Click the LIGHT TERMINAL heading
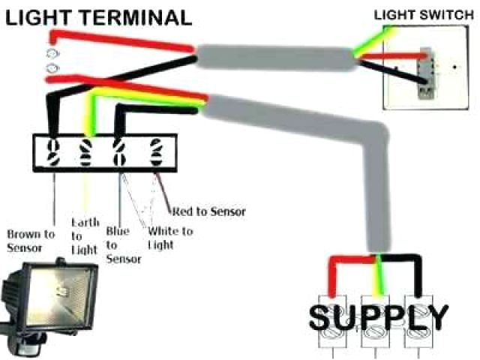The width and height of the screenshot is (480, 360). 98,16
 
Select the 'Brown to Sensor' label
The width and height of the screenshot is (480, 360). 25,240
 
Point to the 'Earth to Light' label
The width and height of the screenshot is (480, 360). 84,235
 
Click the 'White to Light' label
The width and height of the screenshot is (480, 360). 170,237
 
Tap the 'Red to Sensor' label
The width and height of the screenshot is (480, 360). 208,211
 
